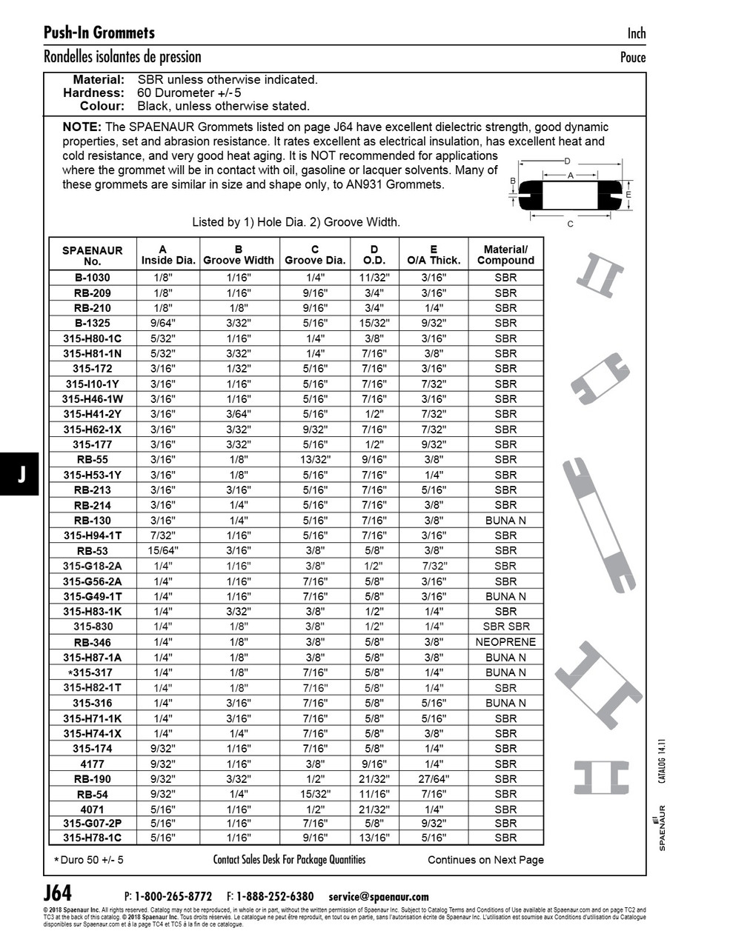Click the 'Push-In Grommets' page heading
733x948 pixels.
99,33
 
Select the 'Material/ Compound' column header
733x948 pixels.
505,256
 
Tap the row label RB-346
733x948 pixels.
93,642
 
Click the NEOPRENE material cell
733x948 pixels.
505,642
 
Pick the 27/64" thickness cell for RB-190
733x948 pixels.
434,779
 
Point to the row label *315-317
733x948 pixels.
90,672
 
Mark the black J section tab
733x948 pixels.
21,475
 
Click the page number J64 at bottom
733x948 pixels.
58,892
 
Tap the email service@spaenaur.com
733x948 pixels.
379,896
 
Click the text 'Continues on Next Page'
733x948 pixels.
485,860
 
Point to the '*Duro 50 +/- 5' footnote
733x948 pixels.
89,860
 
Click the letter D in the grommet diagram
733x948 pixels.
567,161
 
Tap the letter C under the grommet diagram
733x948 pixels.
570,224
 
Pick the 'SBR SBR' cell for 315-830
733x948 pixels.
505,627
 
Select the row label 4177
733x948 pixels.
93,764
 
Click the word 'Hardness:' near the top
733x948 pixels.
93,93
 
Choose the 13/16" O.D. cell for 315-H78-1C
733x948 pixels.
374,838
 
